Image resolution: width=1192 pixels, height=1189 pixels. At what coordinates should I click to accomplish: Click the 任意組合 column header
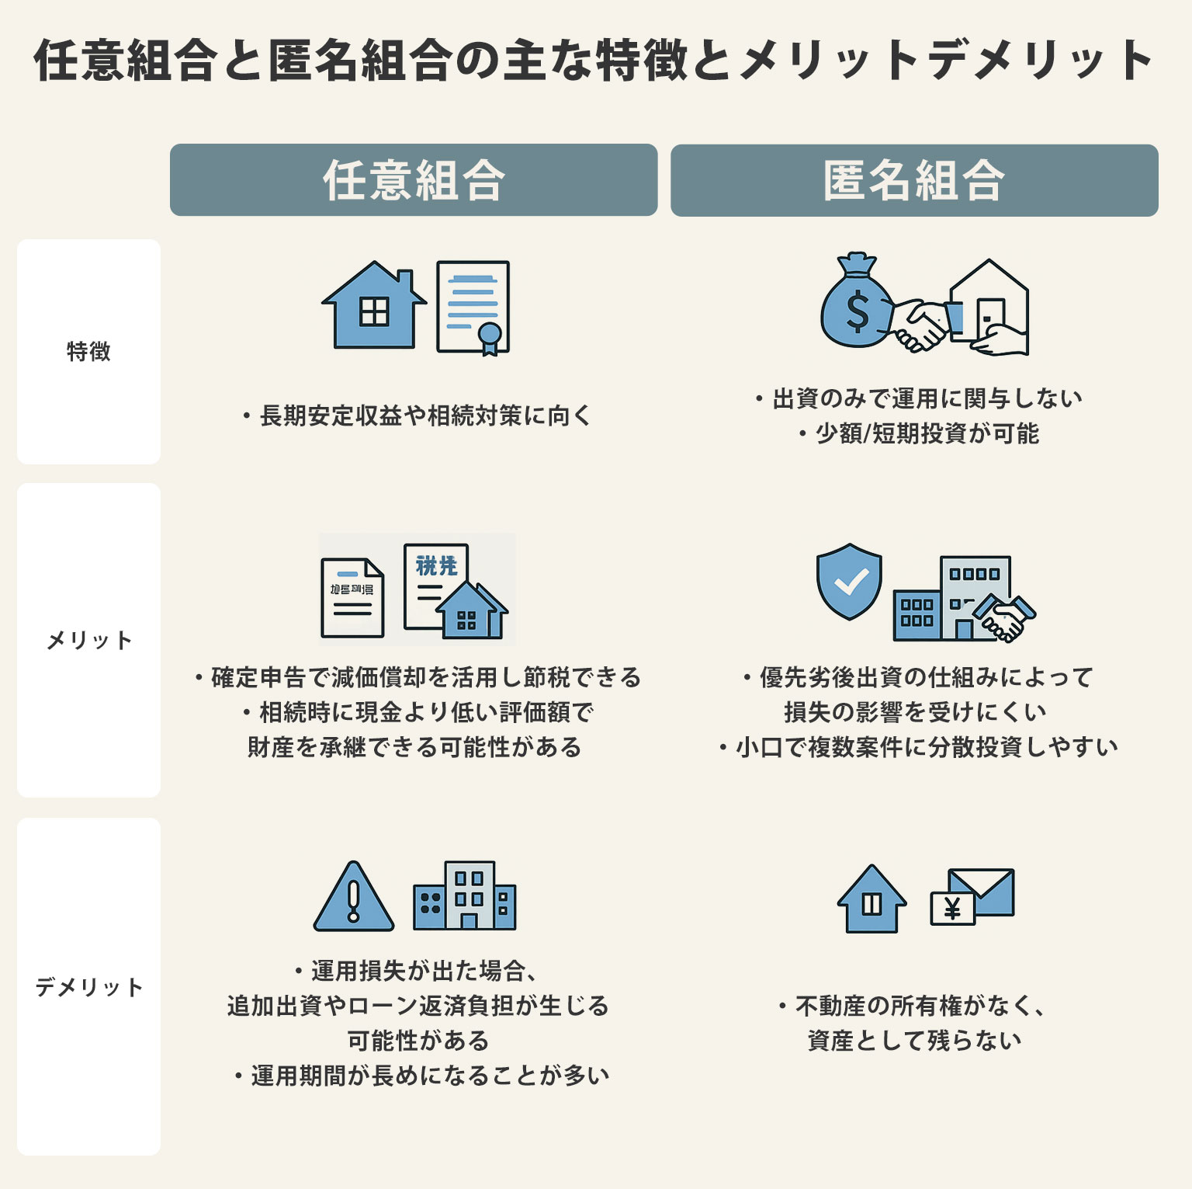pyautogui.click(x=414, y=180)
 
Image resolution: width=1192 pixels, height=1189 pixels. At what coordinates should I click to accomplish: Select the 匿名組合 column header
pyautogui.click(x=914, y=180)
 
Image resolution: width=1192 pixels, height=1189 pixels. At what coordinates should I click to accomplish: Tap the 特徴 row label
pyautogui.click(x=88, y=352)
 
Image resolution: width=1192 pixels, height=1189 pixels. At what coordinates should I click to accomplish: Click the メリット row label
pyautogui.click(x=88, y=641)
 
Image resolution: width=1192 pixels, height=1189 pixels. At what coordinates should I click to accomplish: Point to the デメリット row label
pyautogui.click(x=88, y=987)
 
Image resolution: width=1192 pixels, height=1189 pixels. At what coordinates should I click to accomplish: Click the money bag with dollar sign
pyautogui.click(x=857, y=304)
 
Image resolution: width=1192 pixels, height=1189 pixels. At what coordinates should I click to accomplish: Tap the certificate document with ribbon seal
pyautogui.click(x=473, y=308)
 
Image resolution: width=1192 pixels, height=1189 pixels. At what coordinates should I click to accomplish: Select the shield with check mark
pyautogui.click(x=849, y=581)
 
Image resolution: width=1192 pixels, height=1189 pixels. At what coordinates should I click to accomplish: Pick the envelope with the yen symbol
pyautogui.click(x=972, y=897)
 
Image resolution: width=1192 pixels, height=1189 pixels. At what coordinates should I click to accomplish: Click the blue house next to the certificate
pyautogui.click(x=374, y=306)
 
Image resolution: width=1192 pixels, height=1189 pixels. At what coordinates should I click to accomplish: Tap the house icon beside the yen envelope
pyautogui.click(x=871, y=899)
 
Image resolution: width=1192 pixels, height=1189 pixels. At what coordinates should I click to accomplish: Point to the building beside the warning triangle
pyautogui.click(x=465, y=896)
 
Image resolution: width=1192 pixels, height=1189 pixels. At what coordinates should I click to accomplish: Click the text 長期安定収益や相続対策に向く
pyautogui.click(x=419, y=416)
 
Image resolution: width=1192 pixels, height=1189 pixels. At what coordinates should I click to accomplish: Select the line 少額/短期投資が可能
pyautogui.click(x=920, y=433)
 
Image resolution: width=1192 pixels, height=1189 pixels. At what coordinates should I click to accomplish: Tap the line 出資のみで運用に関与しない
pyautogui.click(x=920, y=398)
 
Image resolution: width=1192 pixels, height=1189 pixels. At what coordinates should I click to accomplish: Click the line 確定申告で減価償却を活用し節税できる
pyautogui.click(x=419, y=677)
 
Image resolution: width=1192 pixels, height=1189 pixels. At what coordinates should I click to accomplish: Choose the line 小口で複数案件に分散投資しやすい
pyautogui.click(x=920, y=747)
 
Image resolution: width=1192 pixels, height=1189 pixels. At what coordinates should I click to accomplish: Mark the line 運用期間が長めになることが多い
pyautogui.click(x=424, y=1076)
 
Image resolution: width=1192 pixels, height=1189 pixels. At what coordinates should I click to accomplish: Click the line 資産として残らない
pyautogui.click(x=914, y=1041)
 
